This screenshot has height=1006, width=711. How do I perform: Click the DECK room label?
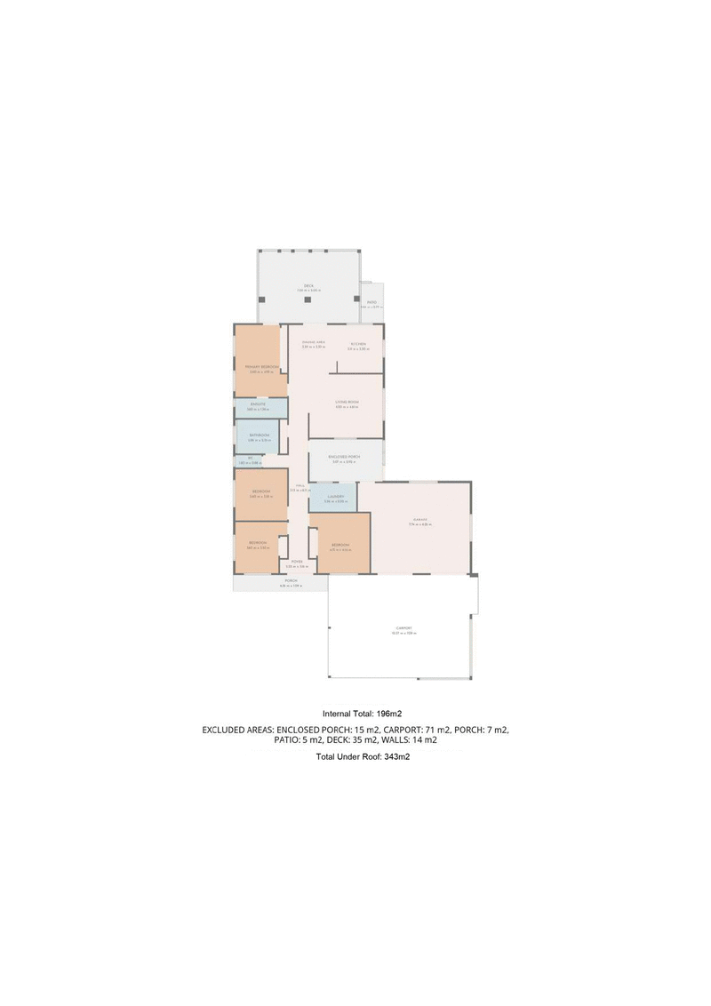coord(308,285)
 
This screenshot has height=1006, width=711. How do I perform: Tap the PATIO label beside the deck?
coord(372,303)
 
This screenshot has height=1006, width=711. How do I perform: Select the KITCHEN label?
coord(358,344)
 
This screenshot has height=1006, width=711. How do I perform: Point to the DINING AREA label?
coord(313,343)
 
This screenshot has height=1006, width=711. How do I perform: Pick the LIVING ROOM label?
coord(347,403)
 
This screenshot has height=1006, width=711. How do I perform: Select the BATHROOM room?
coord(259,435)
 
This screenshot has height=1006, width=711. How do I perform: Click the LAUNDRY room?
coord(335,498)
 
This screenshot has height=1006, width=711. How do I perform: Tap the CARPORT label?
coord(404,629)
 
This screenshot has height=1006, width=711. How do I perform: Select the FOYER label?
coord(297,562)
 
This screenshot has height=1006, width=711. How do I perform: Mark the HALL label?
coord(300,486)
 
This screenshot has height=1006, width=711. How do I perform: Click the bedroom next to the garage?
coord(340,545)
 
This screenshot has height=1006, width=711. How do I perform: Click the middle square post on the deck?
coord(308,299)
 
